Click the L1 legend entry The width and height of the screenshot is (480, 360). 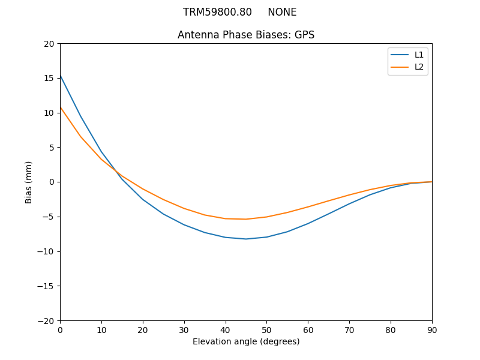[419, 55]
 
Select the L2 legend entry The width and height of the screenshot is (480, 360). [419, 67]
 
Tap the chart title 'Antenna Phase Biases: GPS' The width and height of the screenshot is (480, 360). [246, 35]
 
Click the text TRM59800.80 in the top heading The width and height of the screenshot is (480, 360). [217, 12]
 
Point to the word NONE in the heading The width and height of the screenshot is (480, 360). [282, 12]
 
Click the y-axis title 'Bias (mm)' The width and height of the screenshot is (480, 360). [29, 182]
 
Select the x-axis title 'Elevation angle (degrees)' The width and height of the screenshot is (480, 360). [246, 341]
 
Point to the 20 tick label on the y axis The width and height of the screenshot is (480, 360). [49, 44]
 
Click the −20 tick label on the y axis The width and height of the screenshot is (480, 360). [46, 320]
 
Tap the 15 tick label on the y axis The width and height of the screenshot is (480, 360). [49, 78]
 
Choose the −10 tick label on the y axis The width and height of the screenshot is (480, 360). [46, 251]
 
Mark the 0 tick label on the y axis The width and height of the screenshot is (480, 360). [52, 182]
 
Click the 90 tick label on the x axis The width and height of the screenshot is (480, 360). [432, 329]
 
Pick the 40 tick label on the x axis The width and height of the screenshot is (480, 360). [226, 329]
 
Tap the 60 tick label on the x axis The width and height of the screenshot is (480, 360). [308, 329]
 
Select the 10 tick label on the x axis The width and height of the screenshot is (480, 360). [101, 329]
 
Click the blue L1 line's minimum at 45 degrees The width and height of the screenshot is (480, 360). [246, 239]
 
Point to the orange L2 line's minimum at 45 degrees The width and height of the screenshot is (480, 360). [246, 219]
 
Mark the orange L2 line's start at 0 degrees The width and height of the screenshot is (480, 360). [61, 107]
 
